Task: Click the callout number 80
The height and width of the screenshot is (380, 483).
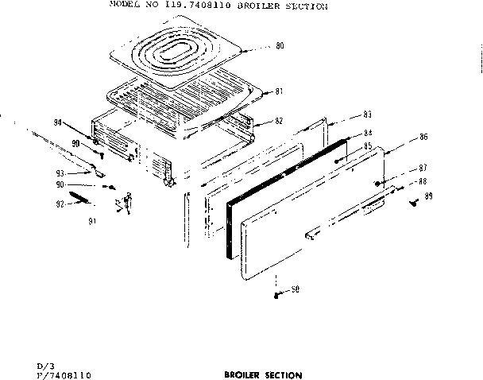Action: pyautogui.click(x=279, y=46)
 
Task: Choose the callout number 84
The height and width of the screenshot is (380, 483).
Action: pyautogui.click(x=368, y=134)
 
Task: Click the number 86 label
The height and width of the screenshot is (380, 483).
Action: pyautogui.click(x=423, y=138)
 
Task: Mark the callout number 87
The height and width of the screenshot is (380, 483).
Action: pyautogui.click(x=423, y=168)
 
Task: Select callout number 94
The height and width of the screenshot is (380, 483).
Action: pyautogui.click(x=56, y=122)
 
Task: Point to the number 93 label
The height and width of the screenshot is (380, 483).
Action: pyautogui.click(x=60, y=173)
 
